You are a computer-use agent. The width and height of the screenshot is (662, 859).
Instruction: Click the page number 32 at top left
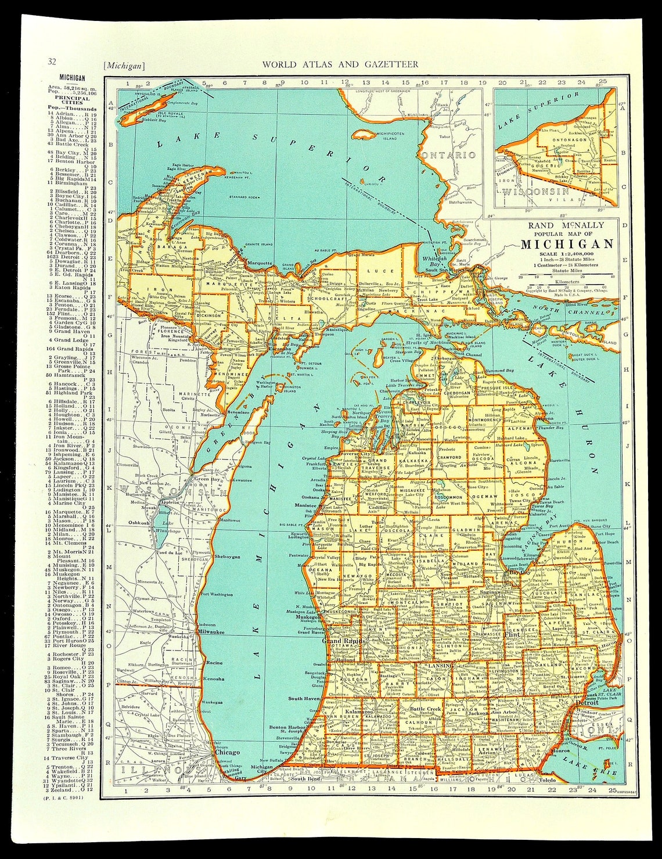pyautogui.click(x=52, y=63)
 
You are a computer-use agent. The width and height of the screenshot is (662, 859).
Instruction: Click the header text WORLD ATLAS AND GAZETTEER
pyautogui.click(x=340, y=64)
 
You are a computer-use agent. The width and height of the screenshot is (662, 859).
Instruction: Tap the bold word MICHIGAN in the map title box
pyautogui.click(x=567, y=244)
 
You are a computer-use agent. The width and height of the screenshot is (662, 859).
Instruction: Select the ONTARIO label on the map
pyautogui.click(x=449, y=155)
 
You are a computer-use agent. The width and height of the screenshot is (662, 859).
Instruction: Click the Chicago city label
pyautogui.click(x=227, y=752)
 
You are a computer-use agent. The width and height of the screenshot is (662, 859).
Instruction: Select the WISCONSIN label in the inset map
pyautogui.click(x=535, y=191)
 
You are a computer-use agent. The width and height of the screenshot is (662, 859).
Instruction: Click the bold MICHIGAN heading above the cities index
pyautogui.click(x=72, y=78)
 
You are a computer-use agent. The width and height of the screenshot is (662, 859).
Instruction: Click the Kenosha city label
pyautogui.click(x=214, y=678)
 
